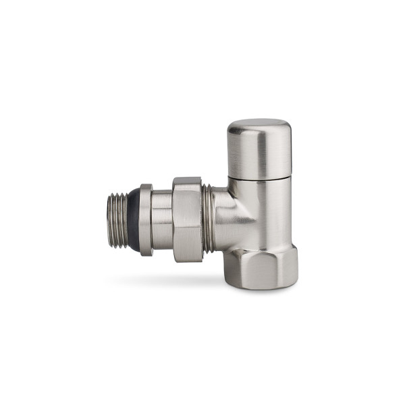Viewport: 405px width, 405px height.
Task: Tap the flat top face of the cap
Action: point(259,124)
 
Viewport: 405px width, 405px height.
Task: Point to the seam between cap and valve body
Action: point(259,179)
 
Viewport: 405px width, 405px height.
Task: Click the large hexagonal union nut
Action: point(187,219)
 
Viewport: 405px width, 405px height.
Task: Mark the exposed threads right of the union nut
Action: point(207,219)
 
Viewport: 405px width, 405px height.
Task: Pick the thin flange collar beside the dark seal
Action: point(146,220)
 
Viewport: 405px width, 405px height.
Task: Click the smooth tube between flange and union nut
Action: point(161,220)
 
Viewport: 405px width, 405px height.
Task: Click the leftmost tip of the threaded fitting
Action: point(109,220)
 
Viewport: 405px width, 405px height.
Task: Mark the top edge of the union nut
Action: point(187,180)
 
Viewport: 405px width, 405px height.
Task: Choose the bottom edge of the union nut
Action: point(187,261)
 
